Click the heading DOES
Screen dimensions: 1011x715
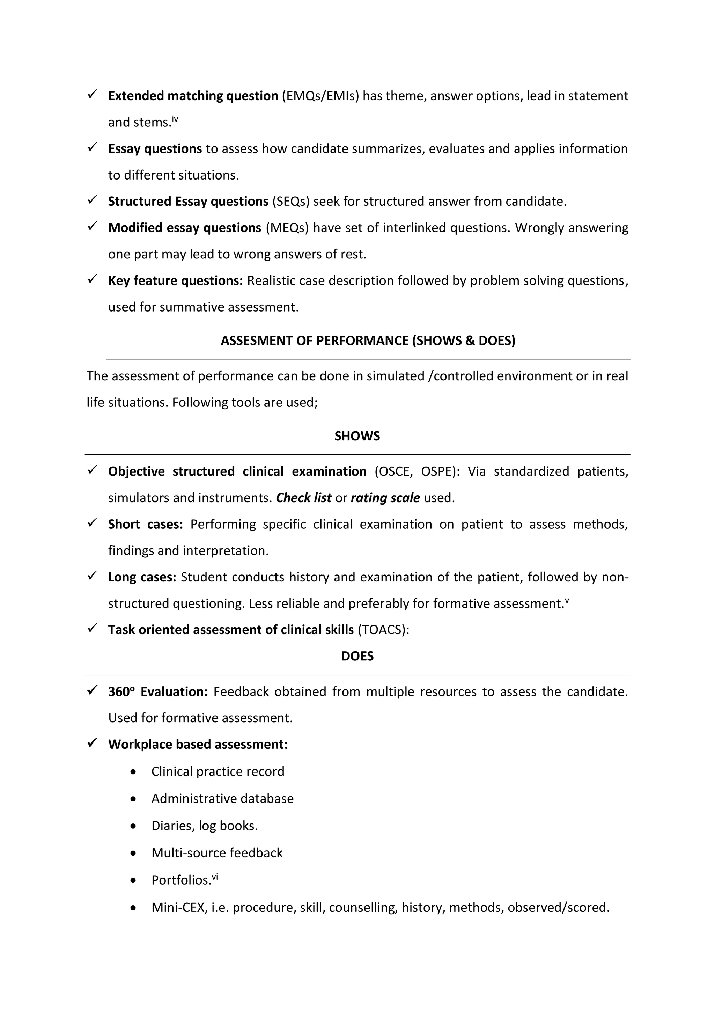(x=357, y=656)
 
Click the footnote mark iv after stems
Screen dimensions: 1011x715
(x=175, y=119)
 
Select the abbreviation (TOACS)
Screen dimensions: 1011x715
(x=383, y=630)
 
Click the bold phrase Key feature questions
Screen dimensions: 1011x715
(x=175, y=280)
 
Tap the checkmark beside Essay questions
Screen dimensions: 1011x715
(x=93, y=147)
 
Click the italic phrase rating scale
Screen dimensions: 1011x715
(x=385, y=498)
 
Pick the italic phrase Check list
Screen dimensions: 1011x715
(x=303, y=498)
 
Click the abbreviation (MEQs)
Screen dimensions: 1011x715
(x=287, y=228)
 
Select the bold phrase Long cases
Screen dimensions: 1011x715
(x=142, y=577)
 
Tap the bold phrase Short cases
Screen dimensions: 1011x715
(x=145, y=525)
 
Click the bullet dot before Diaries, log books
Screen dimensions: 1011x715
(x=133, y=826)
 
